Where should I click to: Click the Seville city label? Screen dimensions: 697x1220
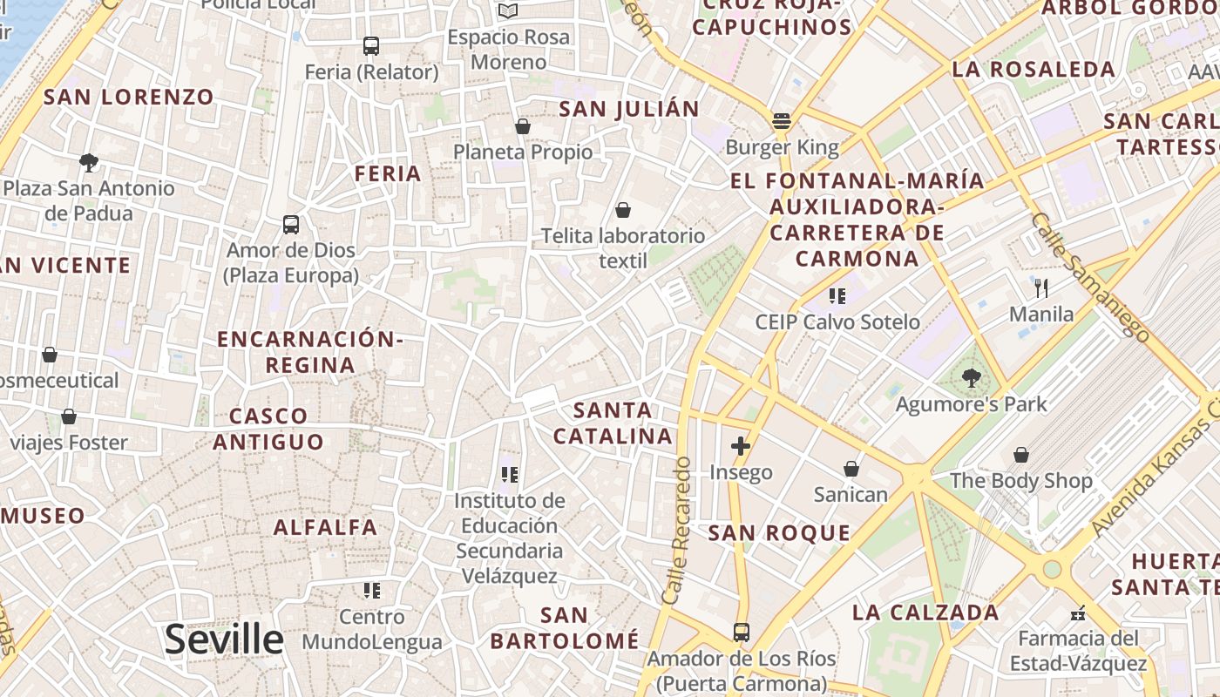224,639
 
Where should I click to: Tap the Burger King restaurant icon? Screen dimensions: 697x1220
781,121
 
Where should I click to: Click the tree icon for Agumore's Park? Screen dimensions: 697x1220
971,378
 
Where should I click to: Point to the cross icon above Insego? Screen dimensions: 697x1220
741,447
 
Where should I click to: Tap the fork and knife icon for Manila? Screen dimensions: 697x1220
1040,288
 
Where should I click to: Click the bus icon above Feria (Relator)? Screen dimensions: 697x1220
371,46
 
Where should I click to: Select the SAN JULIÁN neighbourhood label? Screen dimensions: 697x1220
628,109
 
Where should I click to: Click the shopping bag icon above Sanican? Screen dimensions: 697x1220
851,470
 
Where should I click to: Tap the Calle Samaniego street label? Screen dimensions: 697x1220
1089,276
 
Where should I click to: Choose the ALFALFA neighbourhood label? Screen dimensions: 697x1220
325,527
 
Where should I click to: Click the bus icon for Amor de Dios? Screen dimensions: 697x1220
291,225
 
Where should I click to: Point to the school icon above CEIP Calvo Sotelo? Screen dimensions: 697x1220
837,296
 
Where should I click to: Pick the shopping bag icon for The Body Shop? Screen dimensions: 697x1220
1020,455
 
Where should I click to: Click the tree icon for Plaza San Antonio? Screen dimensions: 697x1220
88,162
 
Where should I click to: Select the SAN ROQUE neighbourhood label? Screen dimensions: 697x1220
779,533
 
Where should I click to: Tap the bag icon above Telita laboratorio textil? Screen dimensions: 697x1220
623,210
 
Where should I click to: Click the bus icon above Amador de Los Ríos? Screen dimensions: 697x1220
741,633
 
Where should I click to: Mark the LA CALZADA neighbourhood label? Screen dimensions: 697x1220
925,612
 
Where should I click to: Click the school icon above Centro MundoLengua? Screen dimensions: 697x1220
372,591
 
